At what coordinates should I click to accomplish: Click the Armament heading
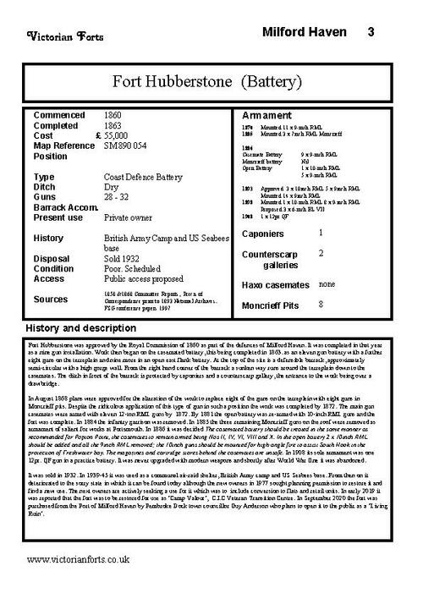coord(267,114)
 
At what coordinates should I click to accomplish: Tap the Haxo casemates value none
coord(327,284)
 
